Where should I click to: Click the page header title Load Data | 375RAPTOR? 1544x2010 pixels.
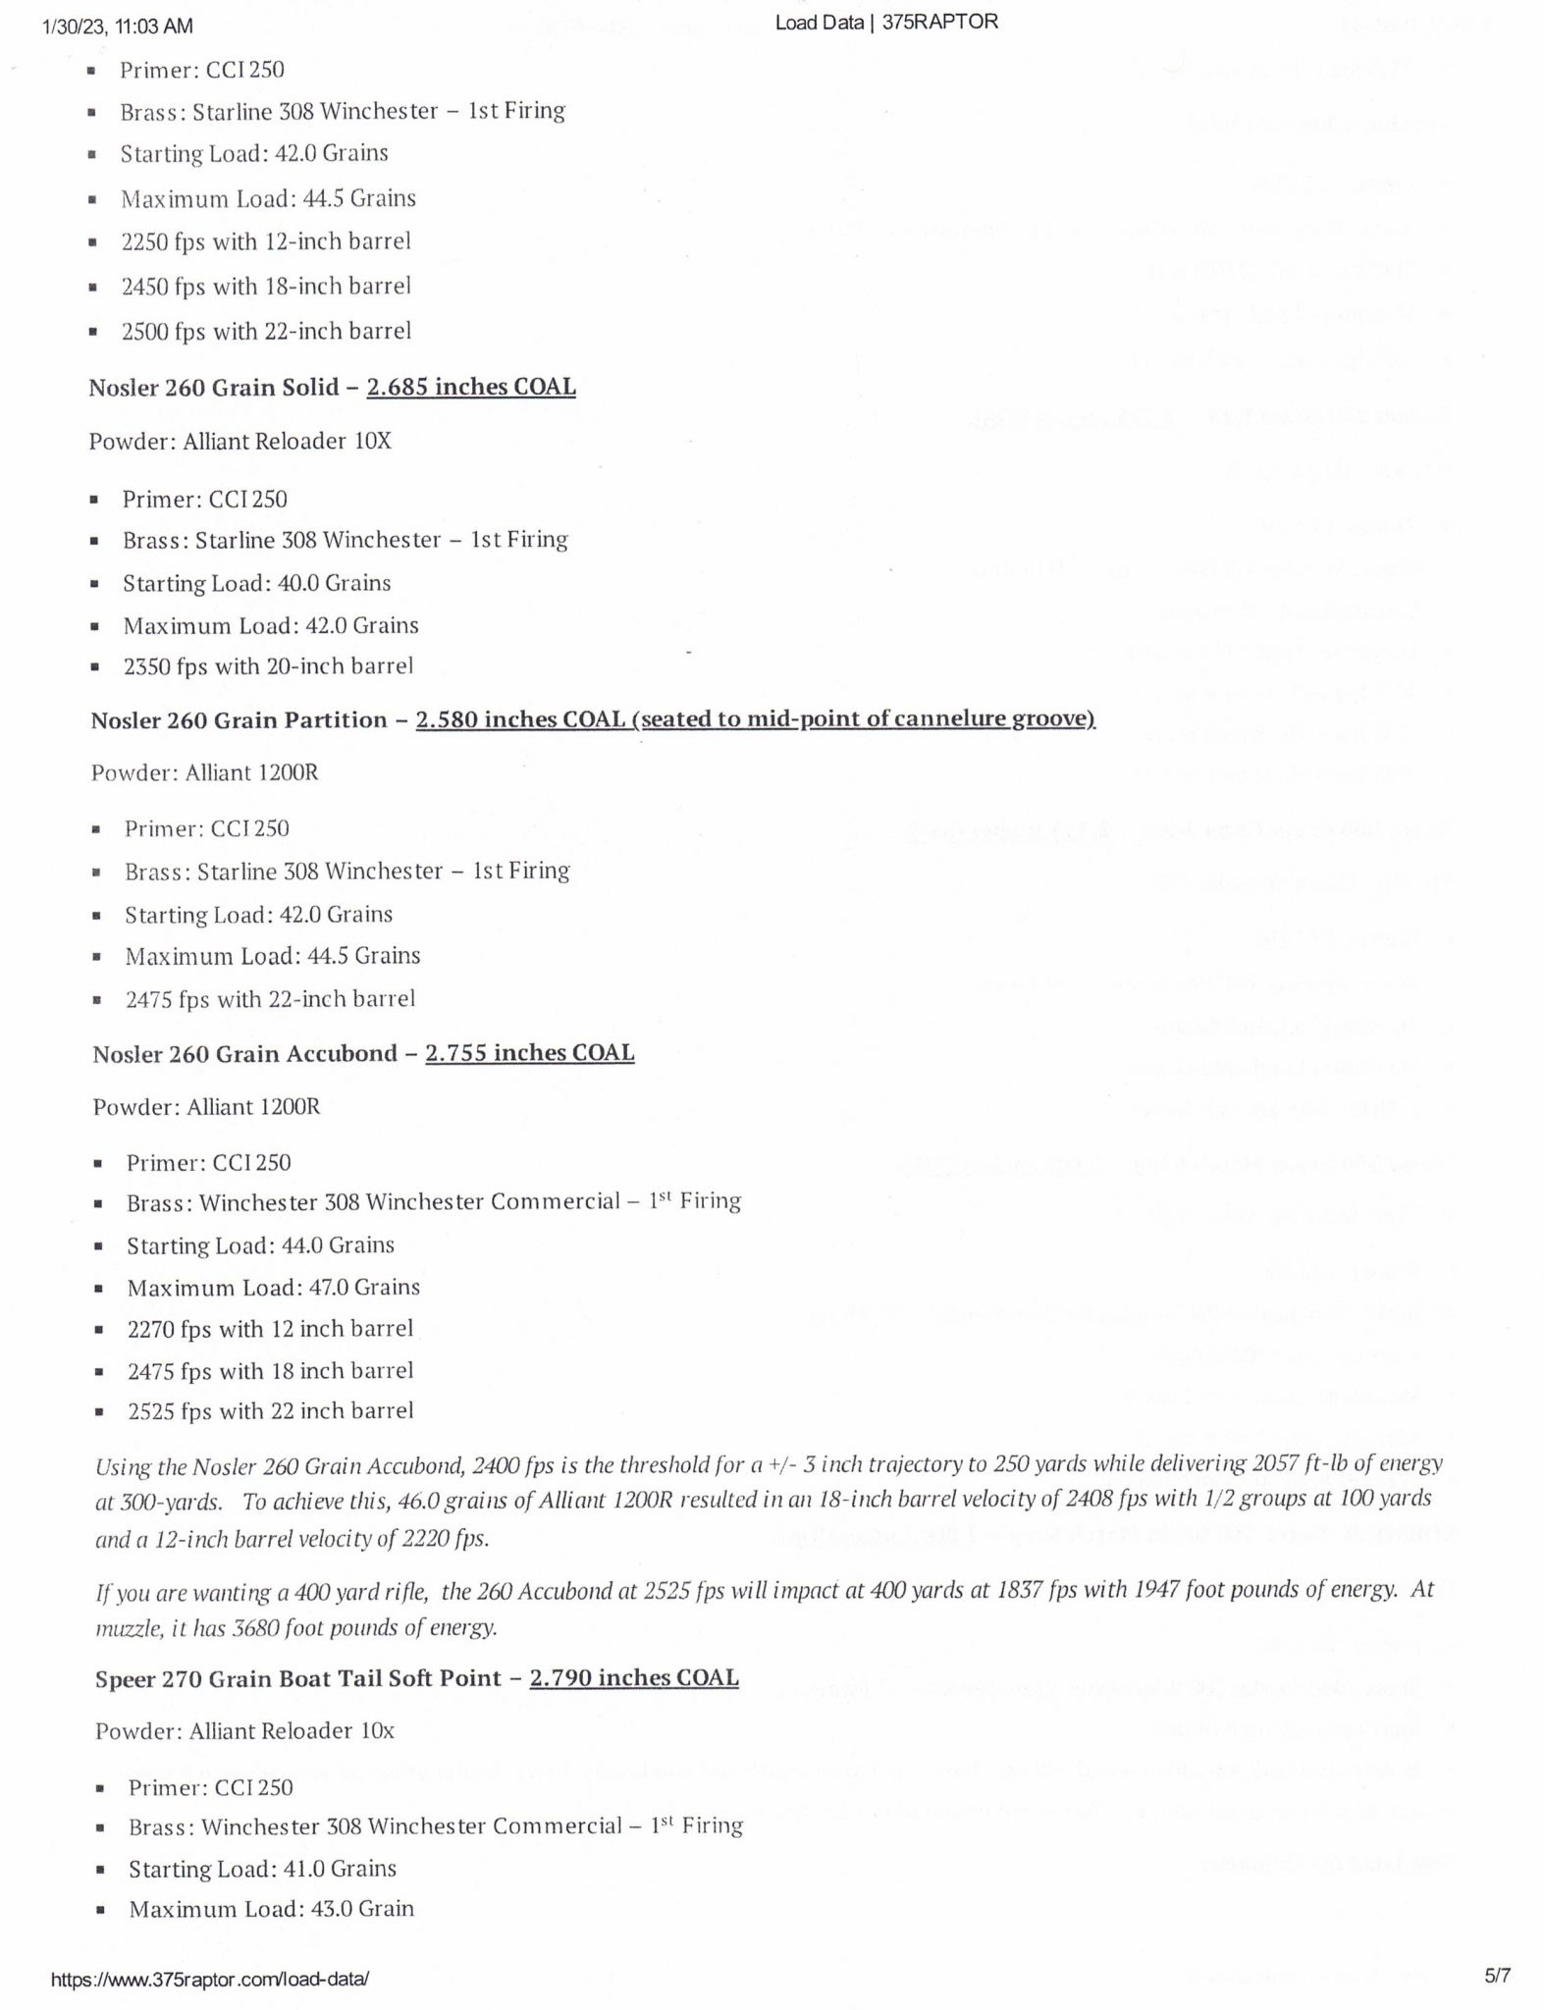coord(886,23)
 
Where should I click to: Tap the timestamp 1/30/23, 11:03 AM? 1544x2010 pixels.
coord(119,26)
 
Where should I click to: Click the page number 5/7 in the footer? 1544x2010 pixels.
coord(1498,1975)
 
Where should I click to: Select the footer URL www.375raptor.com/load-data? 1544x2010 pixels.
coord(210,1979)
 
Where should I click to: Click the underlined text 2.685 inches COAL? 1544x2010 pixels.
coord(471,387)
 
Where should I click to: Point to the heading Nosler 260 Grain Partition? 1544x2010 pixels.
coord(239,720)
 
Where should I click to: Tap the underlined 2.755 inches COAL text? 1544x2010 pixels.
coord(530,1053)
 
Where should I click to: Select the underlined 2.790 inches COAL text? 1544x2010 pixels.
coord(634,1677)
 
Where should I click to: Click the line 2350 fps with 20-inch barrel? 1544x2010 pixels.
coord(268,666)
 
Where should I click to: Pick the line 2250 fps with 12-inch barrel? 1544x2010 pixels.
coord(266,241)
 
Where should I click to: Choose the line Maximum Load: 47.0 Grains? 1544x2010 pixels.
coord(274,1287)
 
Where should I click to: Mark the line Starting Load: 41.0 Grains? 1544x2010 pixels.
coord(263,1869)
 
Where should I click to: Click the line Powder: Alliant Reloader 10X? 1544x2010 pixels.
coord(240,442)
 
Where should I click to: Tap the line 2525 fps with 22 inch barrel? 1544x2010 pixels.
coord(271,1411)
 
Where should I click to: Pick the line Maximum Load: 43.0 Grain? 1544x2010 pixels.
coord(272,1909)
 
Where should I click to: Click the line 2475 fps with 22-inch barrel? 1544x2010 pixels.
coord(271,999)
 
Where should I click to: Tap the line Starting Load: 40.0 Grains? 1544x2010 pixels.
coord(257,583)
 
